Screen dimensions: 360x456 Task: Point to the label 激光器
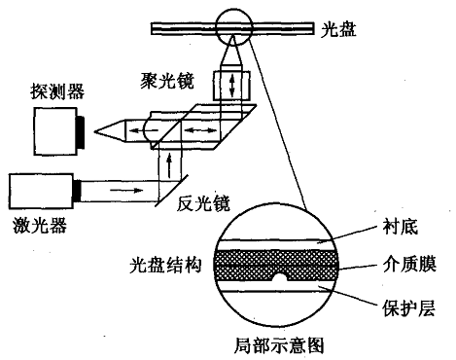coord(34,225)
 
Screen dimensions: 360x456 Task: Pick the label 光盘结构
coord(163,265)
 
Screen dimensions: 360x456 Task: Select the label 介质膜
coord(405,264)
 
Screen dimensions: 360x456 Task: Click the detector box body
coord(54,128)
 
